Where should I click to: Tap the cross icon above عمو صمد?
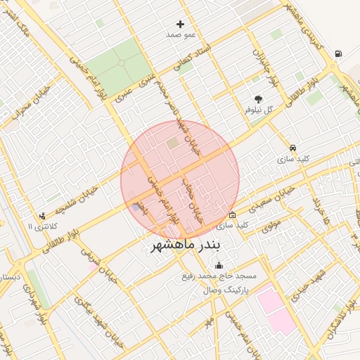180,24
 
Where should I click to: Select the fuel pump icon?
339,53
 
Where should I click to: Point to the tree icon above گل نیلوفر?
258,99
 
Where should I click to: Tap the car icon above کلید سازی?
292,148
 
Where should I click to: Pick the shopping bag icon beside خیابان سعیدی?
232,214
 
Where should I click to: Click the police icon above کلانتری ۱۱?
43,216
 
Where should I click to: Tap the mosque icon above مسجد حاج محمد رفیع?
219,266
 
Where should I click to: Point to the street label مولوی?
271,226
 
